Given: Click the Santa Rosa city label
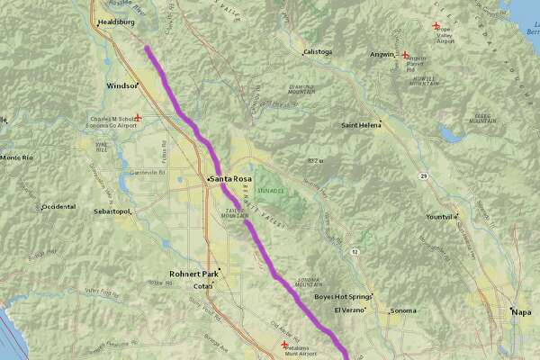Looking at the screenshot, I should tap(231, 179).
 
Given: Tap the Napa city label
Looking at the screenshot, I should tap(522, 311).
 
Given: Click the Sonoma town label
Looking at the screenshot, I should tap(403, 311).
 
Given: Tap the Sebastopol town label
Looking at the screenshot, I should tap(112, 212).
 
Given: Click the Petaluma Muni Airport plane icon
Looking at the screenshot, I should tap(286, 345).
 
